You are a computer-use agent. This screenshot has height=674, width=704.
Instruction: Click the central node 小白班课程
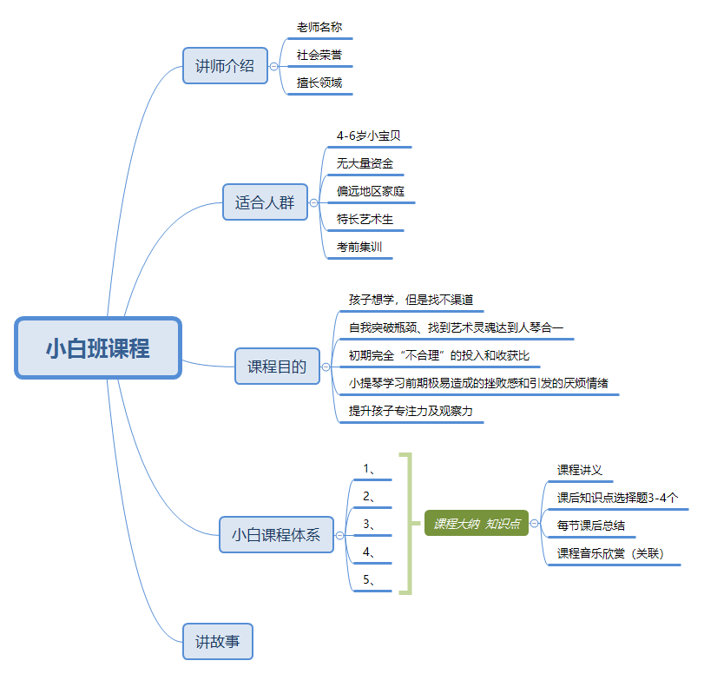[x=97, y=348]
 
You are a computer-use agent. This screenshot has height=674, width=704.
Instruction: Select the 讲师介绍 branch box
[x=225, y=65]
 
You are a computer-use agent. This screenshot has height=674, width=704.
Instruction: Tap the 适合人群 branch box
[x=265, y=202]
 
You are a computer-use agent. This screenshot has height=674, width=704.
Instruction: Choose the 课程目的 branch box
[x=278, y=367]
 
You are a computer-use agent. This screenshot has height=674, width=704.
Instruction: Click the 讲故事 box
[x=218, y=642]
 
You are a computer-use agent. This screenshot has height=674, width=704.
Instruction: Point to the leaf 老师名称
[x=319, y=28]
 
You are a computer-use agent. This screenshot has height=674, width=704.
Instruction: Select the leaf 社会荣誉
[x=319, y=56]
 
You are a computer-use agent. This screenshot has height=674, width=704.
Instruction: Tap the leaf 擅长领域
[x=319, y=83]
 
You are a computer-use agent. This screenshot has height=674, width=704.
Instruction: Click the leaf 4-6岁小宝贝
[x=368, y=135]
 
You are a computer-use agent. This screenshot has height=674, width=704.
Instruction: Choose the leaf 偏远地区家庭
[x=371, y=191]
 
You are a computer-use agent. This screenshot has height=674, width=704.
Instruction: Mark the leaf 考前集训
[x=359, y=247]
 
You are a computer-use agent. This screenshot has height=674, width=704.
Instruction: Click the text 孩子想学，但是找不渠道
[x=411, y=300]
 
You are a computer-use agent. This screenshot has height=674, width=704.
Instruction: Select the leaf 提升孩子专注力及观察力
[x=411, y=411]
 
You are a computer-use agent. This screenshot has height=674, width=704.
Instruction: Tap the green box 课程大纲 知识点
[x=477, y=523]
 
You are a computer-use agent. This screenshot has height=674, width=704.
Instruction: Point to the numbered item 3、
[x=370, y=524]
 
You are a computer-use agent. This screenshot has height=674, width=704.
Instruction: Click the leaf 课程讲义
[x=579, y=470]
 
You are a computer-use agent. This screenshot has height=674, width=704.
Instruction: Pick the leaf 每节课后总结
[x=590, y=525]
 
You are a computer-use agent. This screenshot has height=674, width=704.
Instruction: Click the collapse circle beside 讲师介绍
[x=273, y=66]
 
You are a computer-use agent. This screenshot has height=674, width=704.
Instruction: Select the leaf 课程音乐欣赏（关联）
[x=609, y=553]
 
